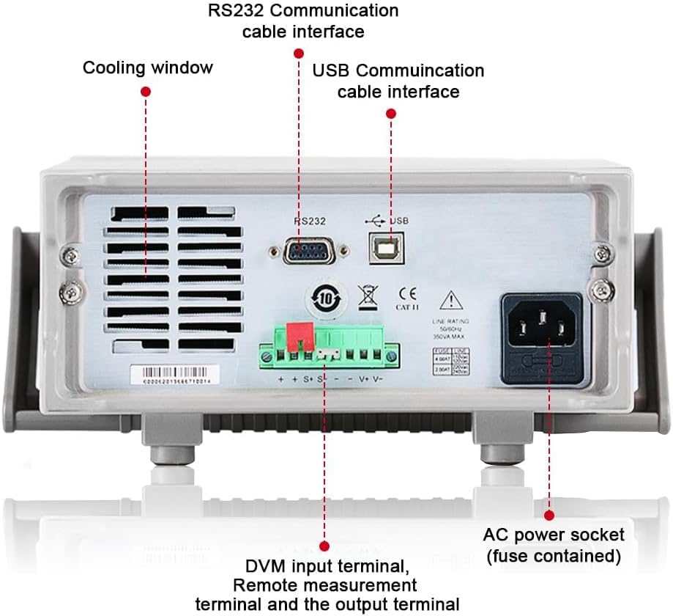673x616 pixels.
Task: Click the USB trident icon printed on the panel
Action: tap(373, 219)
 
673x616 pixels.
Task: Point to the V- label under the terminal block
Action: tap(378, 379)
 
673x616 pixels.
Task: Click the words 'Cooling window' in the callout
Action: tap(147, 68)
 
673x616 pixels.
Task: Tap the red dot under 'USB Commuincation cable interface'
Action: tap(391, 114)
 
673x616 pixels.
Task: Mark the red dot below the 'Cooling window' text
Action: tap(146, 92)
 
